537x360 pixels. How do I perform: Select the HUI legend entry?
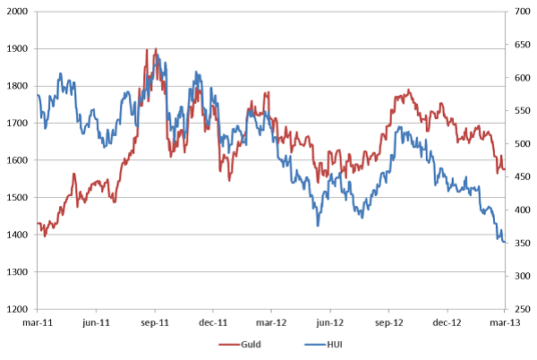click(x=313, y=344)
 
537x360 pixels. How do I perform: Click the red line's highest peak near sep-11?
click(x=156, y=49)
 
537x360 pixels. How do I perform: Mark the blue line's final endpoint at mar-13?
click(x=505, y=242)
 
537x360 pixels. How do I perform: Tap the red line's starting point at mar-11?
click(x=38, y=223)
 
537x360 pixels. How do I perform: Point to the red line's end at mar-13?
click(x=505, y=168)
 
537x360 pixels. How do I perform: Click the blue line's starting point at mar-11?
click(x=38, y=95)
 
